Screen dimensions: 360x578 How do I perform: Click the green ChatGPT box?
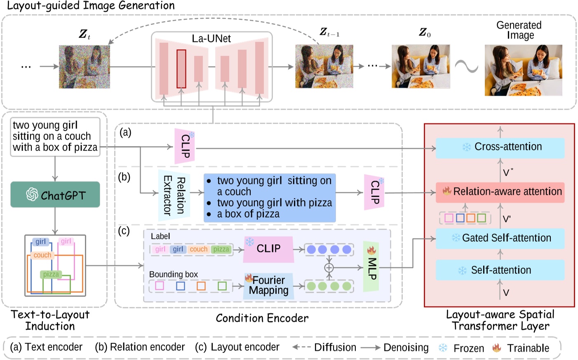pos(55,195)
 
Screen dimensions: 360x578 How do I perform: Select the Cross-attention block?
pos(500,147)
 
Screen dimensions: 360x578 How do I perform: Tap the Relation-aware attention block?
pos(500,192)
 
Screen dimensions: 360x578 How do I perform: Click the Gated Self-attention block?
pos(500,238)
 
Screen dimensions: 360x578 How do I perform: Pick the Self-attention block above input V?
pos(500,270)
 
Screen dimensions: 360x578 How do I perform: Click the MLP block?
pos(371,267)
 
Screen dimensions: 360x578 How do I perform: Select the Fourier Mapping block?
pos(268,285)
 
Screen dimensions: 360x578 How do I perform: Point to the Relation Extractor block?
pos(174,195)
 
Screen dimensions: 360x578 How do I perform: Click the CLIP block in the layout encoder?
pos(268,249)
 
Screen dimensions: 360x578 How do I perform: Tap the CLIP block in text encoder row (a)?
pos(185,146)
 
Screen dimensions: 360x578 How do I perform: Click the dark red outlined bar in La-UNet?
pos(181,69)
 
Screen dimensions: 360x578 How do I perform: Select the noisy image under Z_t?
pos(85,67)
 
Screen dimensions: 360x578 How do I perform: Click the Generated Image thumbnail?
pos(523,71)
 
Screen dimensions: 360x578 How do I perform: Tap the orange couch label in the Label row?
pos(198,249)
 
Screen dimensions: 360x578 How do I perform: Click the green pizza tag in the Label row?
pos(221,249)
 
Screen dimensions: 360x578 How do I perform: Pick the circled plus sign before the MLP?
pos(329,268)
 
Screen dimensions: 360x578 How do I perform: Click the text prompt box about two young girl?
pos(55,136)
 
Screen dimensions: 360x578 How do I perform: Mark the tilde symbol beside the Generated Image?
pos(467,66)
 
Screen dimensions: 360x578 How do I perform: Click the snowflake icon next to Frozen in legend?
pos(443,348)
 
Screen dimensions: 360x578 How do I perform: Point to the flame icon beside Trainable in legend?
pos(497,348)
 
